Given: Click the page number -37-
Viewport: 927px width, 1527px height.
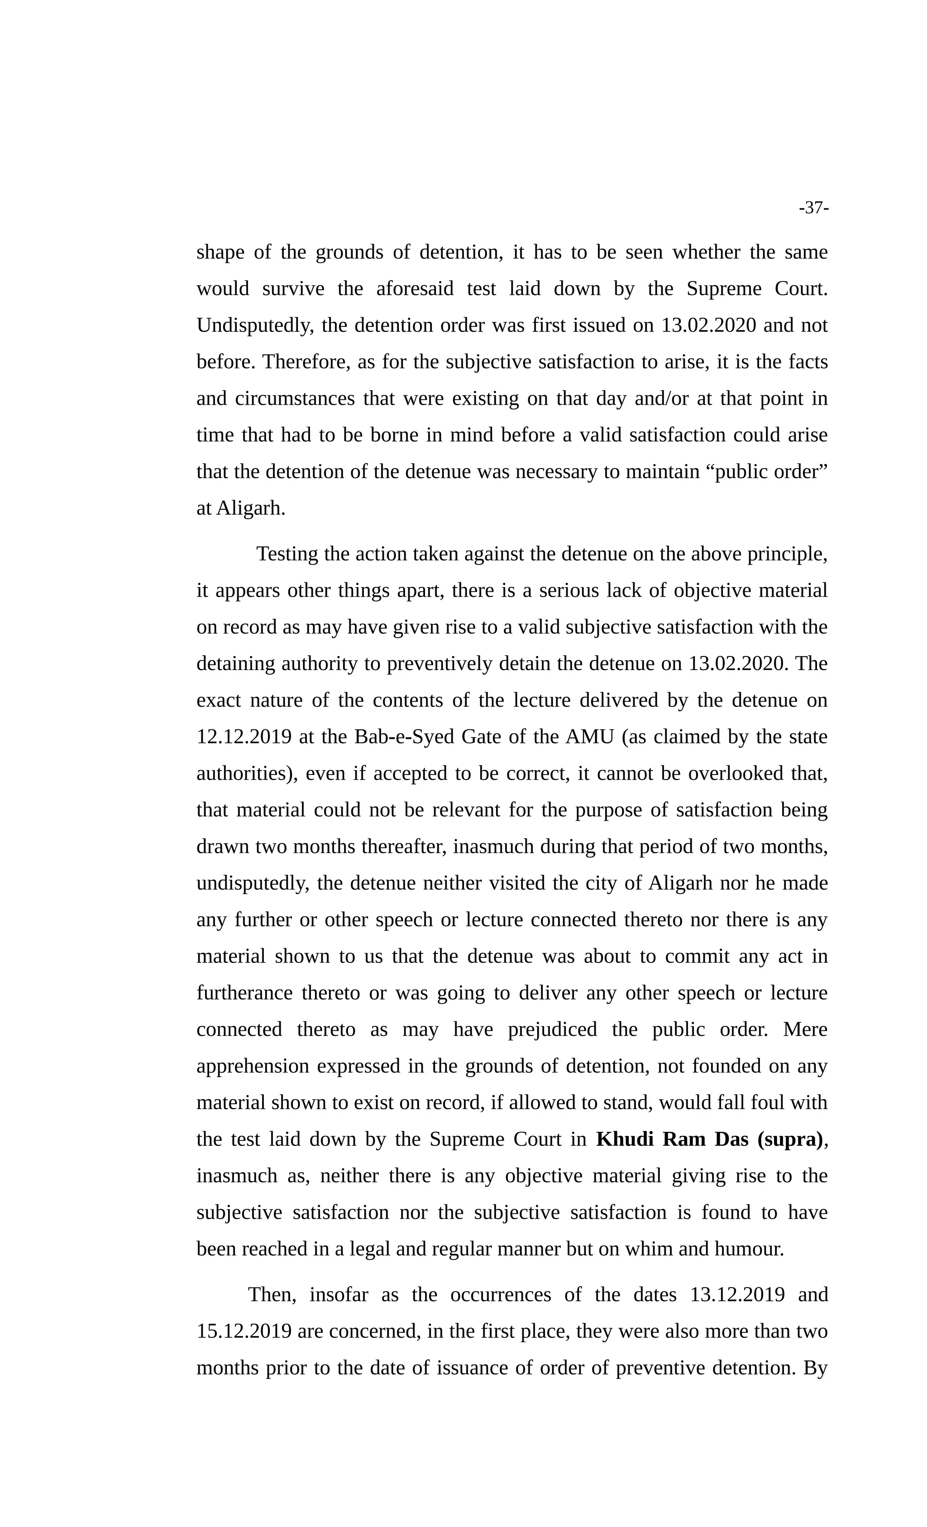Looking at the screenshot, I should (813, 208).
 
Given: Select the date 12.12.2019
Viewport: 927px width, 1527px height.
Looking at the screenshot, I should (244, 737).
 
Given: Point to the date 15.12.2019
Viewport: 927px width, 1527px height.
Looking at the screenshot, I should (244, 1331).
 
